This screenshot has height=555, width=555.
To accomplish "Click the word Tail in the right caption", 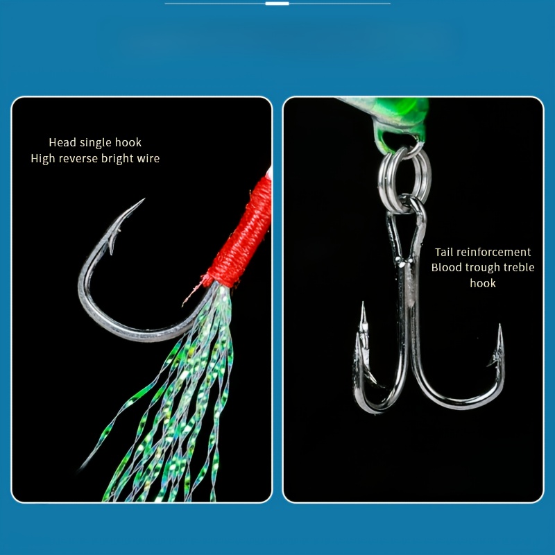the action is [x=443, y=252].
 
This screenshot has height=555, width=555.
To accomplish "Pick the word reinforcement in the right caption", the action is [x=493, y=252].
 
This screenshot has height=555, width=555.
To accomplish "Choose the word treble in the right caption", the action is [x=522, y=267].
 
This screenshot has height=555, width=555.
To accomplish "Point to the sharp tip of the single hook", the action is [x=144, y=199].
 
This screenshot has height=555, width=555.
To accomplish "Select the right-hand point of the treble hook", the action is [x=499, y=325].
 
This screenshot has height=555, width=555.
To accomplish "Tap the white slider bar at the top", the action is [x=277, y=3].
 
